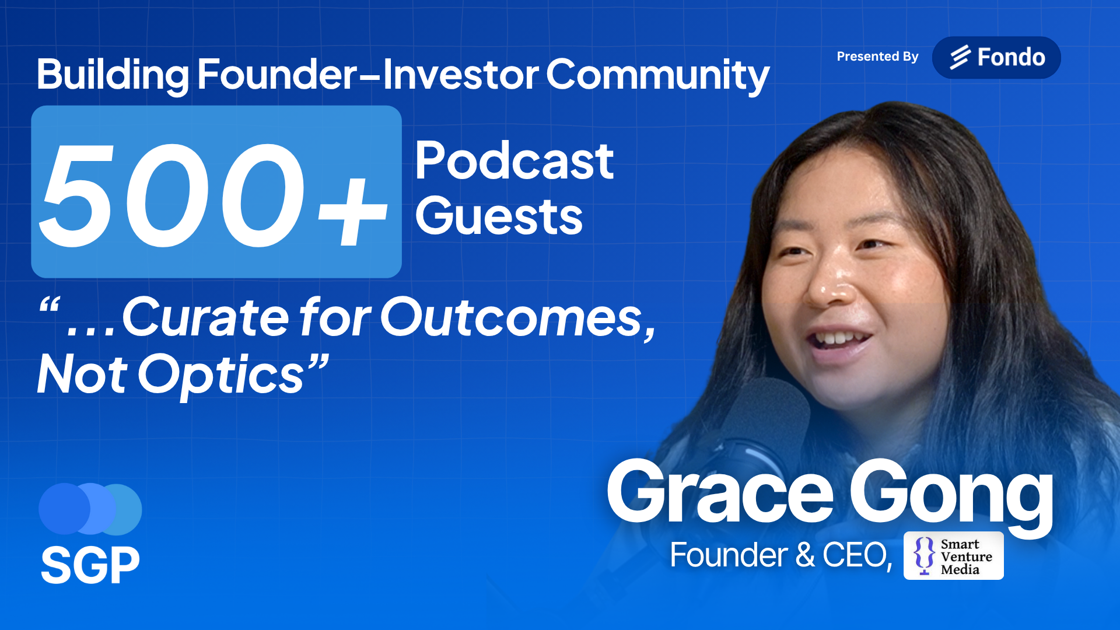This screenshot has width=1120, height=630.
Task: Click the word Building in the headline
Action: (x=113, y=75)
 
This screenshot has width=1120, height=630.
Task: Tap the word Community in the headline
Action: (x=658, y=75)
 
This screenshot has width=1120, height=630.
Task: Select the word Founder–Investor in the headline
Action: (x=368, y=74)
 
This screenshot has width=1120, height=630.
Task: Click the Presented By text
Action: (x=877, y=57)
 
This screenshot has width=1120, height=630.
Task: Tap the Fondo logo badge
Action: (x=996, y=57)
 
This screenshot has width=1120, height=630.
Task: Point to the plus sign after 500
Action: (x=352, y=211)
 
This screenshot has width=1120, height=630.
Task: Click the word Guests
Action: (x=499, y=216)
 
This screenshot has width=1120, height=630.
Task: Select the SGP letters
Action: (x=90, y=565)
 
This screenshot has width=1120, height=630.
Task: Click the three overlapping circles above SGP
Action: (x=90, y=509)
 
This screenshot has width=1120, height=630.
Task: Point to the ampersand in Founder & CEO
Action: (x=805, y=555)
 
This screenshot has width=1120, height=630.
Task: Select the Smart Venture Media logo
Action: (x=954, y=556)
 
